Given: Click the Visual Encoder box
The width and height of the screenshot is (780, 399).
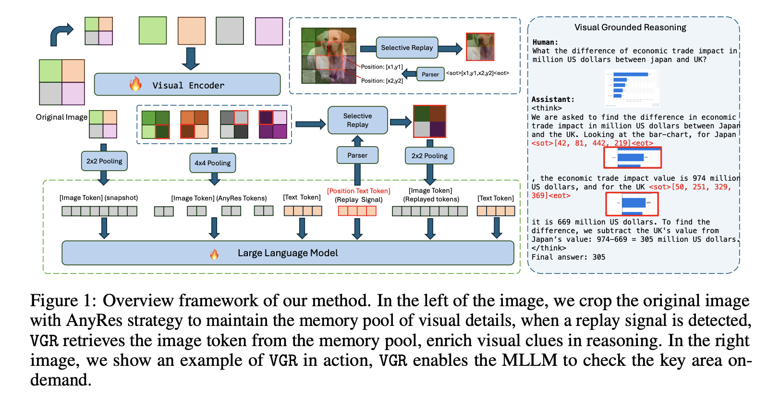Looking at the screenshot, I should click(x=187, y=85).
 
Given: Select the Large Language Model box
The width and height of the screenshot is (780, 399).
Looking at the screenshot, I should click(x=288, y=253).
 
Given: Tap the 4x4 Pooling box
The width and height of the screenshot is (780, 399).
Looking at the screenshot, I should click(x=212, y=163).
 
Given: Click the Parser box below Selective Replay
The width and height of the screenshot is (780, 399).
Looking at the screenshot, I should click(x=357, y=155).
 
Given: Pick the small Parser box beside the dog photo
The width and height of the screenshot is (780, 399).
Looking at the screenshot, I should click(x=430, y=74).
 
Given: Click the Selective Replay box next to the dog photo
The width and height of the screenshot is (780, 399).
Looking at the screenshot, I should click(x=407, y=48).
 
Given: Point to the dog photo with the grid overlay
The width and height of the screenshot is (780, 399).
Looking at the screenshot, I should click(x=329, y=55).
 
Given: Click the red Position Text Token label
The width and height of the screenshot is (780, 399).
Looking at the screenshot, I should click(x=358, y=191).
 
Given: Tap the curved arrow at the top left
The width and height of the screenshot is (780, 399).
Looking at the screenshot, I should click(x=61, y=34).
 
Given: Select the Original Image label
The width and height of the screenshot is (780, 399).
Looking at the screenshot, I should click(x=61, y=117).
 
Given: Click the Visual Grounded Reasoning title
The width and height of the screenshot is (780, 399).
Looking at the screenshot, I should click(x=630, y=27).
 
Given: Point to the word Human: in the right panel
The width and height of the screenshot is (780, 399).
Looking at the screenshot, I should click(x=545, y=42).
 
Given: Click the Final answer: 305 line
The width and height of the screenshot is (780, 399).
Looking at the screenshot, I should click(x=568, y=257).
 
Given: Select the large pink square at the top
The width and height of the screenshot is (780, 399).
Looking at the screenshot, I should click(x=268, y=31).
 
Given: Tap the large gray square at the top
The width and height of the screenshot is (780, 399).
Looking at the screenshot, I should click(x=230, y=31).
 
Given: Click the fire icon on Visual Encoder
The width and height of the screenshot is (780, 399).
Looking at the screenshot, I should click(x=135, y=84).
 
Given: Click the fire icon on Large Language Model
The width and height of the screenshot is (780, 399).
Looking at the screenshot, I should click(x=214, y=253).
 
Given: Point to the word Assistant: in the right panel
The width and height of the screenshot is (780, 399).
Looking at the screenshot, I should click(x=553, y=100).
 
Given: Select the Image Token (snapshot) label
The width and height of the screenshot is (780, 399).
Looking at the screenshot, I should click(x=98, y=198).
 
